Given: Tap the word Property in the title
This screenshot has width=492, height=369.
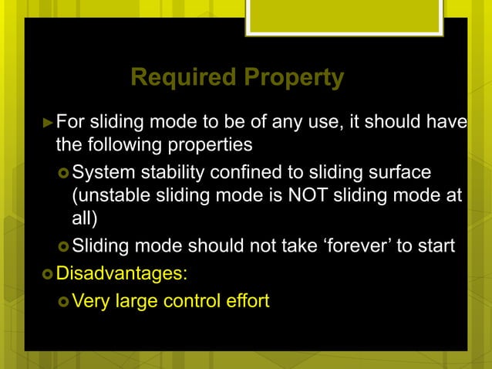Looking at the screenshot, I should click(x=293, y=77).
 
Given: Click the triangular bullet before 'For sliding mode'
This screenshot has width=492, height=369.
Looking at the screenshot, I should click(x=48, y=122).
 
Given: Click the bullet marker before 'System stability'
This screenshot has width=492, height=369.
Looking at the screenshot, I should click(x=64, y=171).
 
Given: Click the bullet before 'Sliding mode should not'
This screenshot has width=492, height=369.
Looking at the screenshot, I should click(x=64, y=247).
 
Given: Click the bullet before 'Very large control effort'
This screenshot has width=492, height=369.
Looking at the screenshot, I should click(x=64, y=300).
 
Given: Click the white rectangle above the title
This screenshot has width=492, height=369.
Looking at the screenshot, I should click(x=344, y=16).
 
